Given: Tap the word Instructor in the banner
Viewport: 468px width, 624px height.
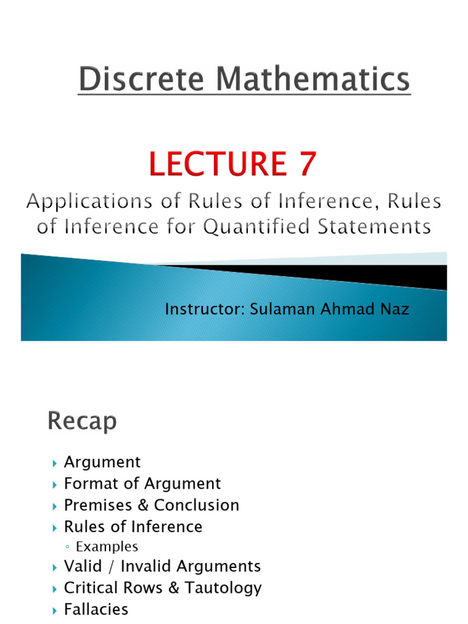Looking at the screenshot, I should click(x=204, y=310).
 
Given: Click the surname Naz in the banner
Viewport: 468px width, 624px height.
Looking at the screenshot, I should click(x=394, y=310).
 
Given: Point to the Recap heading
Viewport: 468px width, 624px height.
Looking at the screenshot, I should click(x=82, y=422).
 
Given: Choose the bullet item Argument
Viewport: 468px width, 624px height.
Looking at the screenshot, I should click(x=102, y=463).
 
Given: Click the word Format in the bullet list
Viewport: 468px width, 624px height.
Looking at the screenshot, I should click(x=86, y=484).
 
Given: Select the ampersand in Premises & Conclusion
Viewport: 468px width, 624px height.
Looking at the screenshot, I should click(x=145, y=505).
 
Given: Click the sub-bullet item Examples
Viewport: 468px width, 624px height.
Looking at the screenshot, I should click(x=107, y=547).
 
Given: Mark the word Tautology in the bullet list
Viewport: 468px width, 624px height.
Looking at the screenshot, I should click(x=226, y=588).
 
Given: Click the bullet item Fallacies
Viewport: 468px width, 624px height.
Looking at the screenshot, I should click(x=96, y=609).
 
